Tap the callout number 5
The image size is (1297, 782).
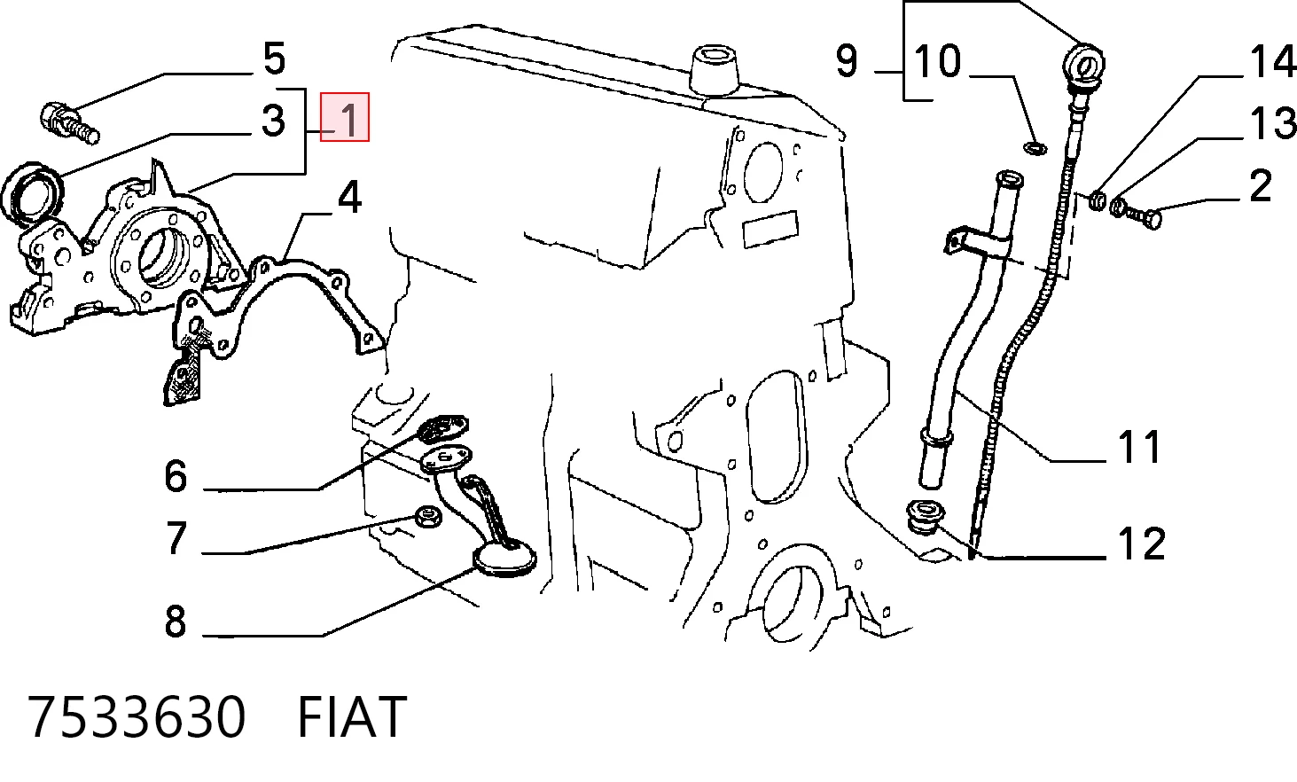pyautogui.click(x=275, y=59)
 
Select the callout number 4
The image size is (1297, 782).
pyautogui.click(x=349, y=197)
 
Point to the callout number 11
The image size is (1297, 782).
pyautogui.click(x=1139, y=447)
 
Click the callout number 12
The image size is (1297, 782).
pyautogui.click(x=1141, y=543)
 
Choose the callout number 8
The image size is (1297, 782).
pyautogui.click(x=176, y=622)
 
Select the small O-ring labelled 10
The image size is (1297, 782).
pyautogui.click(x=1035, y=148)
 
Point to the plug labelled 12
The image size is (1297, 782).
pyautogui.click(x=924, y=517)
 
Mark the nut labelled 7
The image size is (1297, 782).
pyautogui.click(x=428, y=516)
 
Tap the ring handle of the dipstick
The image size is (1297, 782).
pyautogui.click(x=1084, y=64)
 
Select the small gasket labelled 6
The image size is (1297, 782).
pyautogui.click(x=443, y=427)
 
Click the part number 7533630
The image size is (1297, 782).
pyautogui.click(x=137, y=716)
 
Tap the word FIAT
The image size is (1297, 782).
pyautogui.click(x=352, y=717)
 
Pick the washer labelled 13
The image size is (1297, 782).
pyautogui.click(x=1118, y=207)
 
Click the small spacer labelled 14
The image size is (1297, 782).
pyautogui.click(x=1098, y=199)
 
